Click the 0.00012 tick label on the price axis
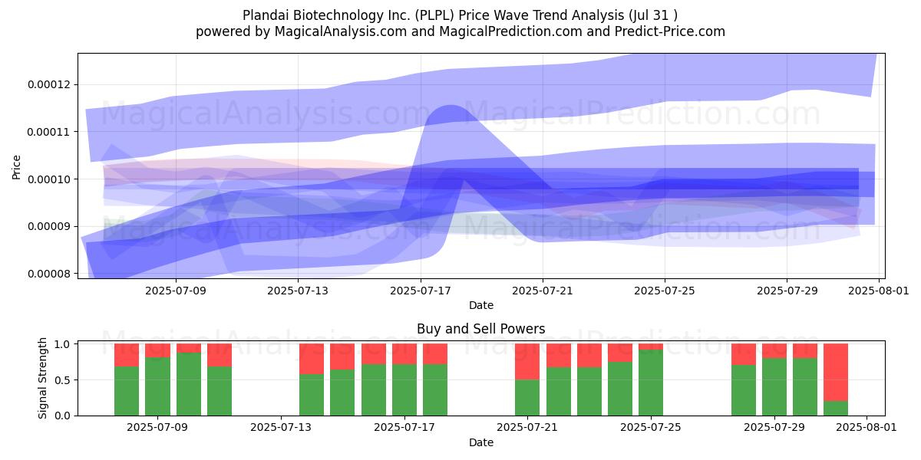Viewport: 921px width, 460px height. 49,84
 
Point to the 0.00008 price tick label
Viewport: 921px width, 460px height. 49,274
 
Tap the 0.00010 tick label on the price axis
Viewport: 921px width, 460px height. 49,179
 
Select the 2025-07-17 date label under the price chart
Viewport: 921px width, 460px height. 421,291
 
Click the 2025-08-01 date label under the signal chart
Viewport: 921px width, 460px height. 867,427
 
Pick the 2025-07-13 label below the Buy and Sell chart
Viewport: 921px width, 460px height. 281,427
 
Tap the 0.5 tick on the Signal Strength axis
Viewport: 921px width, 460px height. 62,380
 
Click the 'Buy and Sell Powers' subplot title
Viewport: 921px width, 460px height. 481,329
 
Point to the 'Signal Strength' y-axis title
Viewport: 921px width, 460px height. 42,378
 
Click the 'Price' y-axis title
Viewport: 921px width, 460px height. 16,167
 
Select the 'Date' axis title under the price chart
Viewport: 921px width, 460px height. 481,305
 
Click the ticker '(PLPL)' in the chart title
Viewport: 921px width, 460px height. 434,15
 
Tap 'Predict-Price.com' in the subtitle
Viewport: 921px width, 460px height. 670,31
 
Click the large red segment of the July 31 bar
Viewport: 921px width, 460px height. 836,372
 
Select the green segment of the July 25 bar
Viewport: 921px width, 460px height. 651,383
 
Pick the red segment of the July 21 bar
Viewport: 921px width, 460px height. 527,361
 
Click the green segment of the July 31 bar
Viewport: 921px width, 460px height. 836,408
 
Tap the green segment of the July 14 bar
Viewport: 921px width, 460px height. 312,395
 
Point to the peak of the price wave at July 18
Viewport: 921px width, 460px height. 451,106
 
